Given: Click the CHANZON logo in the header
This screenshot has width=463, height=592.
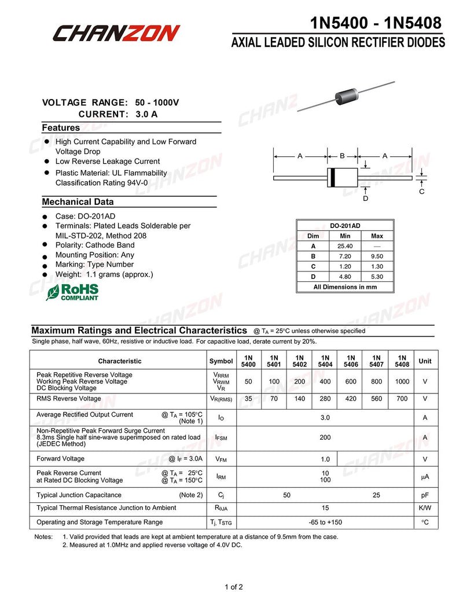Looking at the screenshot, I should point(116,33).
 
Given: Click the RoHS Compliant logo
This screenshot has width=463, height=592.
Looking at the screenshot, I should point(72,292).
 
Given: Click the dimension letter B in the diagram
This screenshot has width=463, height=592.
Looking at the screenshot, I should point(342,156).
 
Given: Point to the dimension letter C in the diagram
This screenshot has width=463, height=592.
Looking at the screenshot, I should point(421,192).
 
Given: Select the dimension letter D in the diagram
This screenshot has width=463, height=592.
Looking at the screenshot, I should point(365,198).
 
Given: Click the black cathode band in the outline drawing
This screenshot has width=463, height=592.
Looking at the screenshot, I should point(333,178).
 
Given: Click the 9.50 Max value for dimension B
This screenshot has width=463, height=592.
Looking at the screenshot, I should point(377,256).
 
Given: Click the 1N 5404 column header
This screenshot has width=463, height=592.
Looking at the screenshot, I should point(325,361).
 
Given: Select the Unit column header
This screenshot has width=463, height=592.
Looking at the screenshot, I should point(425,361).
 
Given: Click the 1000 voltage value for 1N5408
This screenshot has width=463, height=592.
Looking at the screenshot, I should point(402,382).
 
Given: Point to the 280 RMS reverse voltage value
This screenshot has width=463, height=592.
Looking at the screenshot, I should point(325,399).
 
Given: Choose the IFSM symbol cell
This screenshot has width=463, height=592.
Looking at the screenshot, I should point(221,438).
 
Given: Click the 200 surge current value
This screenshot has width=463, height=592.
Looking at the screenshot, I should point(325,438).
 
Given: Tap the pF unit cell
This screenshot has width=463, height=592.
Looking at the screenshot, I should point(425,495).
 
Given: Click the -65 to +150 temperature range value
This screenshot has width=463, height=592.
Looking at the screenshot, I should point(325,523).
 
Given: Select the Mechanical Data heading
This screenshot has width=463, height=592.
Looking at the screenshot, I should point(78,202).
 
